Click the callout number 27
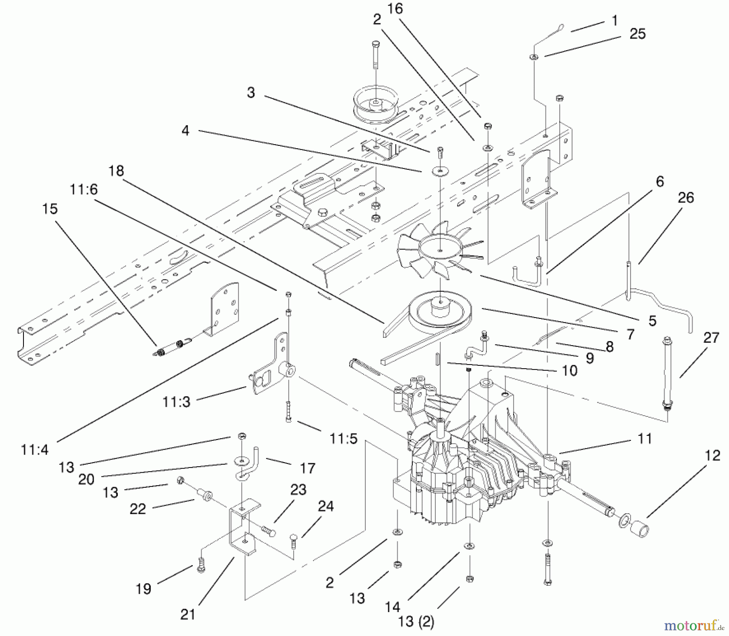[x=711, y=337]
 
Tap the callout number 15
[x=50, y=209]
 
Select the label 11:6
[x=84, y=189]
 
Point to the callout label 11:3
[x=176, y=402]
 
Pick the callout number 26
[x=685, y=198]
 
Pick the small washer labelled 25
[x=534, y=58]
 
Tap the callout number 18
[x=116, y=171]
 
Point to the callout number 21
[x=188, y=614]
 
